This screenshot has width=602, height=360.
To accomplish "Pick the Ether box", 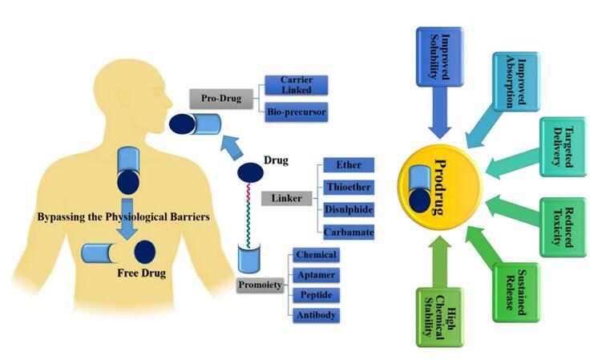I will click(349, 166).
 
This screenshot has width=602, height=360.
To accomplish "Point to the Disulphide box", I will click(349, 210).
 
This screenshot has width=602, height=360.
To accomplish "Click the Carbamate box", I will click(349, 233).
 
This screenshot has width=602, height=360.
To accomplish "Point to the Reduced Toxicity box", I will click(562, 226).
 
